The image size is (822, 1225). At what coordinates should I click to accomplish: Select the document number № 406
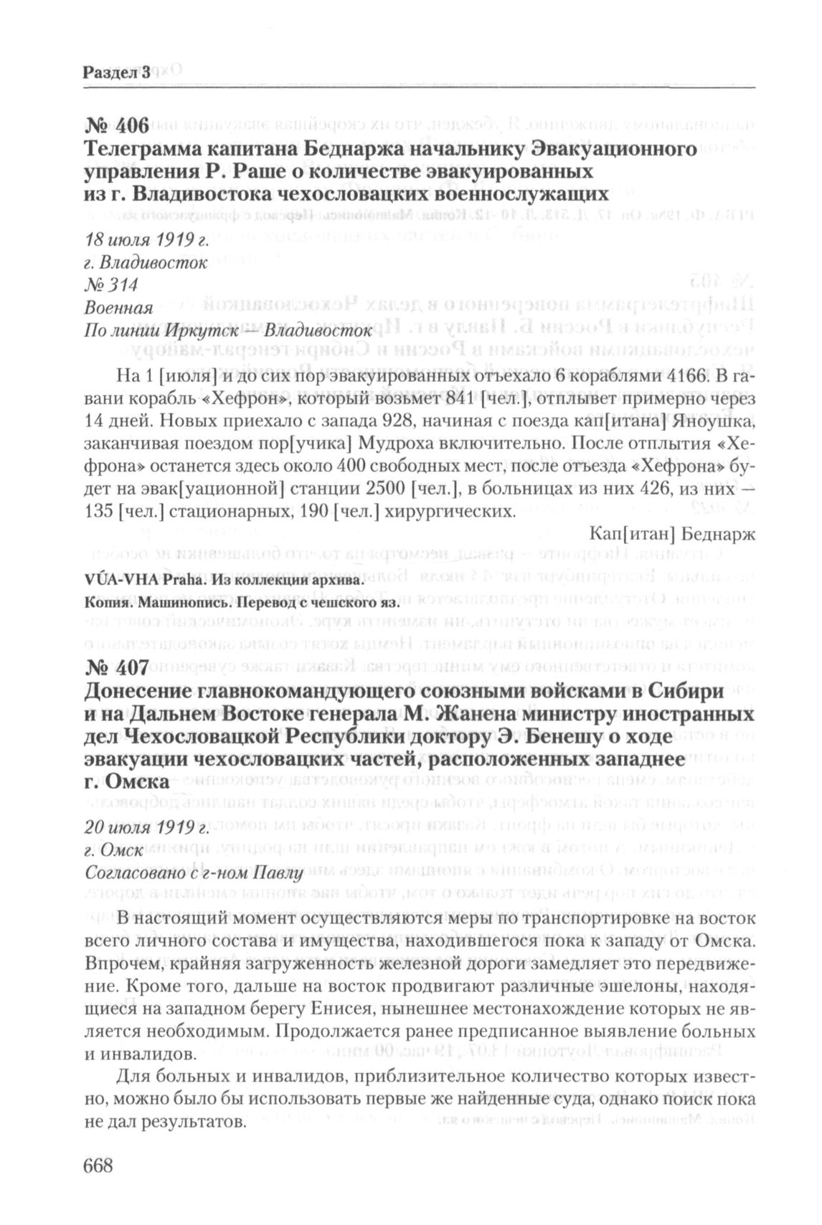coord(115,128)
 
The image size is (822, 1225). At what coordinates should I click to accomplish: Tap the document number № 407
coord(115,669)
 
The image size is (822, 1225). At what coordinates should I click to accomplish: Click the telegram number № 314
coord(110,285)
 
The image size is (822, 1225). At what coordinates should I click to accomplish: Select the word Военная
coord(118,308)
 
